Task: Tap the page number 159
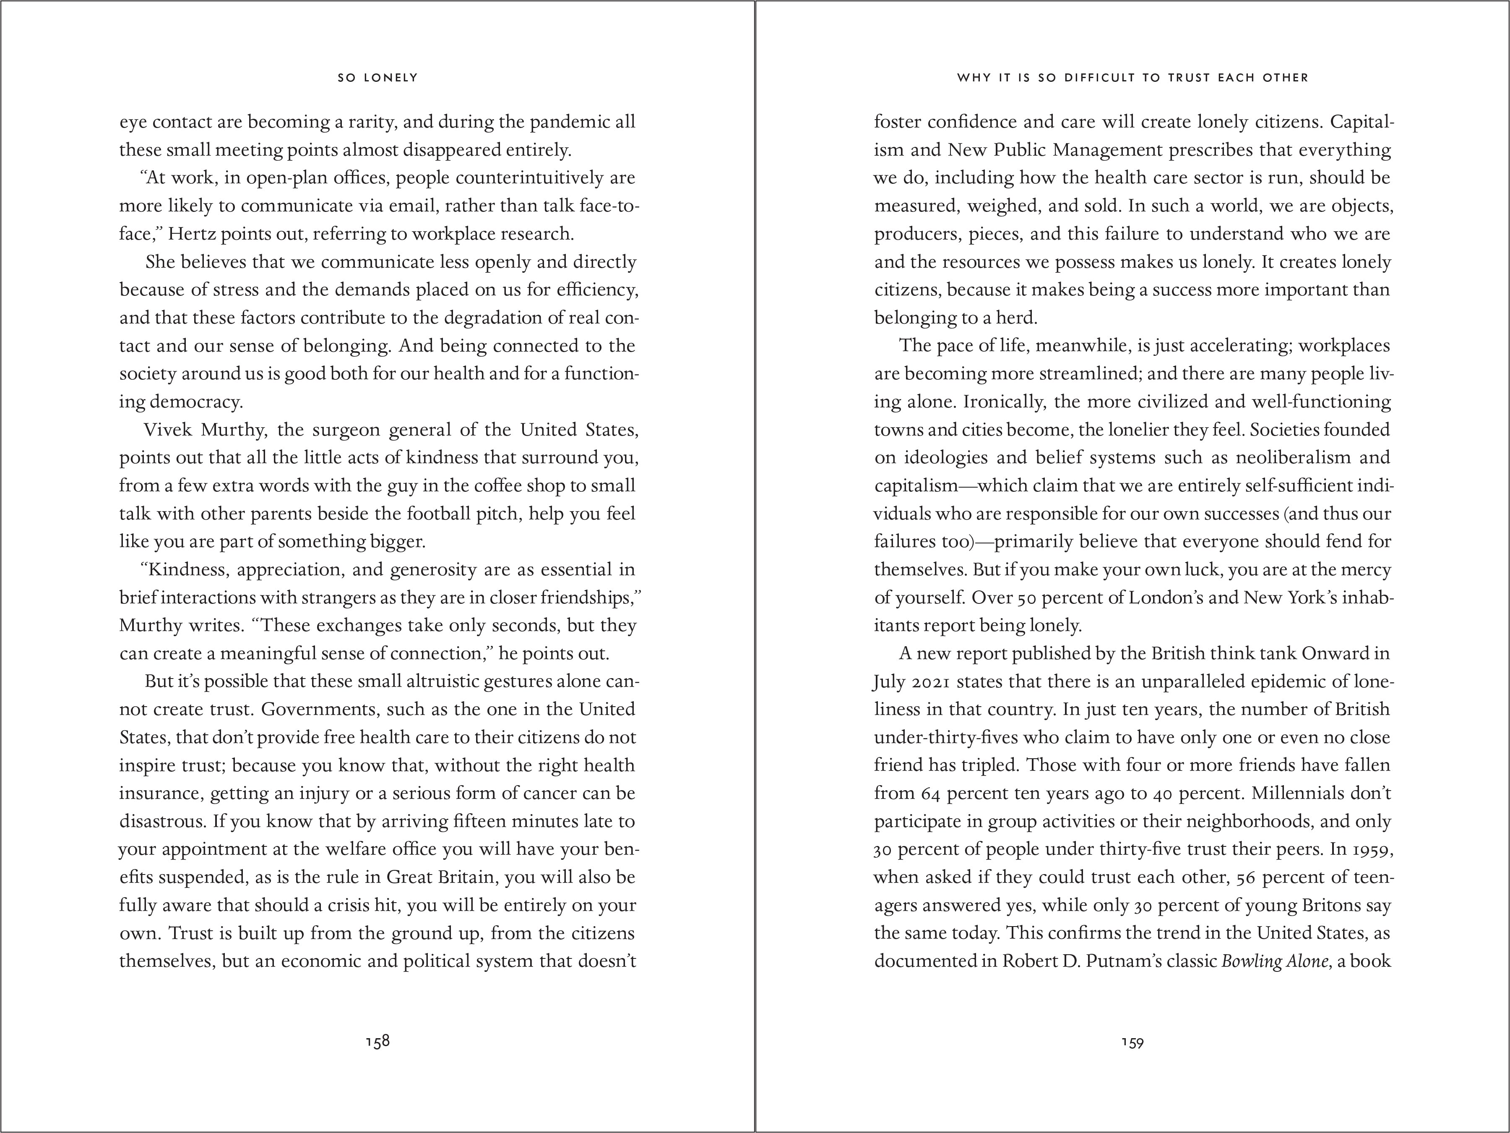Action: click(1132, 1042)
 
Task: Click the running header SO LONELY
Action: click(377, 78)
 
